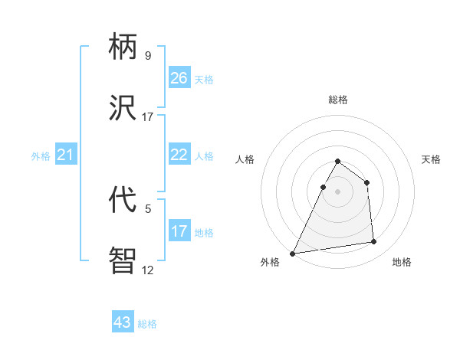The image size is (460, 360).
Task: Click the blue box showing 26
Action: [x=179, y=78]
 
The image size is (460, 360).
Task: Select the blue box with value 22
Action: [x=179, y=155]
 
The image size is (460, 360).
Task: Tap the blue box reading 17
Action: [x=179, y=231]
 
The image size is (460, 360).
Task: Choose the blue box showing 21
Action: [x=66, y=155]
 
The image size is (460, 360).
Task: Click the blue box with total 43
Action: [x=123, y=322]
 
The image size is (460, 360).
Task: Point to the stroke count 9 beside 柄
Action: [x=147, y=55]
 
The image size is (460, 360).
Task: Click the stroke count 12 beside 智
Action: [x=147, y=270]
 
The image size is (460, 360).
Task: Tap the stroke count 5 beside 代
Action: [x=147, y=208]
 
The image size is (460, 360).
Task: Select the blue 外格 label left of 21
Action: [x=41, y=156]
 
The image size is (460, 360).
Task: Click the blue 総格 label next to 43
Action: [x=147, y=324]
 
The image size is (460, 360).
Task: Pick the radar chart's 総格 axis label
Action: [x=337, y=100]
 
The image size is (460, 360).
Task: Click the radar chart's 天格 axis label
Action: [x=432, y=159]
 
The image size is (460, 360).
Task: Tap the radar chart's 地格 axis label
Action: [x=402, y=262]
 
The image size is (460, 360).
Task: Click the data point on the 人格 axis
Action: [x=323, y=187]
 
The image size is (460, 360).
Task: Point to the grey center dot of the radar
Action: [x=337, y=191]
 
